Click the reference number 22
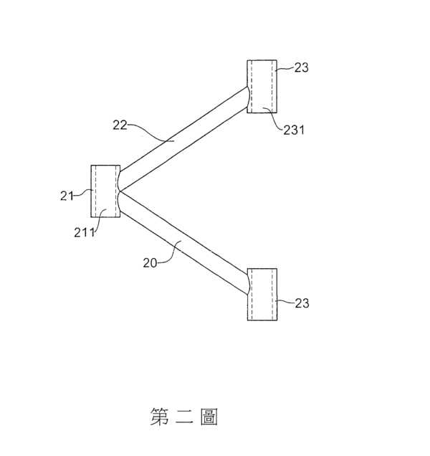(x=120, y=125)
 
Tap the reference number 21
(x=67, y=196)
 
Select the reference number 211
(x=84, y=232)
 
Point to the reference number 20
(x=150, y=263)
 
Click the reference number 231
(x=294, y=130)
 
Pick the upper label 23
(x=302, y=67)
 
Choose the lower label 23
(x=302, y=303)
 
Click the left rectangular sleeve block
(x=105, y=191)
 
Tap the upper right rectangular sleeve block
(x=262, y=86)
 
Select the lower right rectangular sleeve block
(x=262, y=294)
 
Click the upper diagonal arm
(x=183, y=139)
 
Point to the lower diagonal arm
(x=183, y=243)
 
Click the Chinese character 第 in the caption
(x=160, y=417)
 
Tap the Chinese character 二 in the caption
(x=185, y=417)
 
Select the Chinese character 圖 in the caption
(x=209, y=417)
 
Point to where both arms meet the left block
(x=120, y=191)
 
